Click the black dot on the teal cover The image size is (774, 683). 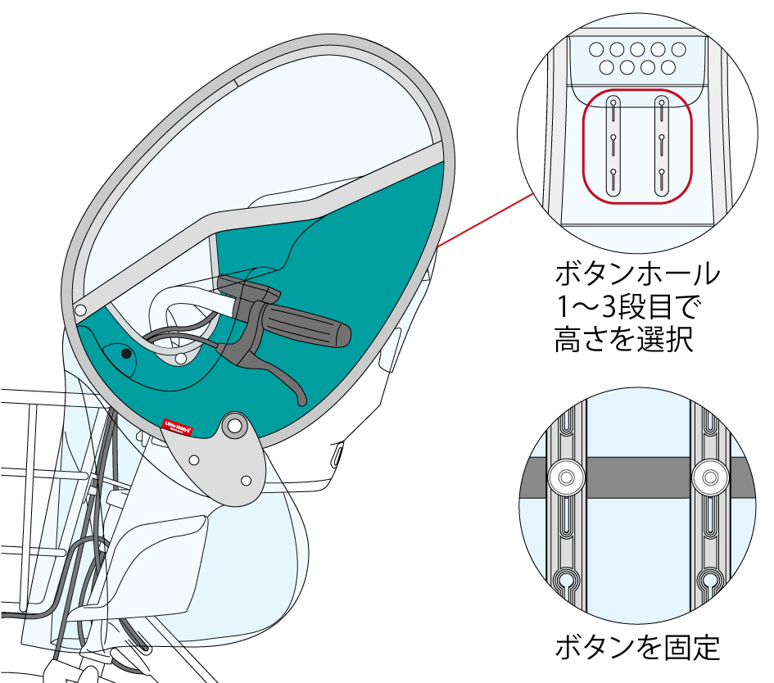pos(125,354)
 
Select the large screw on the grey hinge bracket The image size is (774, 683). pos(233,426)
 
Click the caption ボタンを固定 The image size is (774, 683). pos(637,649)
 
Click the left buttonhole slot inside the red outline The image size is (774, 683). pos(613,146)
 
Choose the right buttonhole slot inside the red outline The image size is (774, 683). pos(661,146)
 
